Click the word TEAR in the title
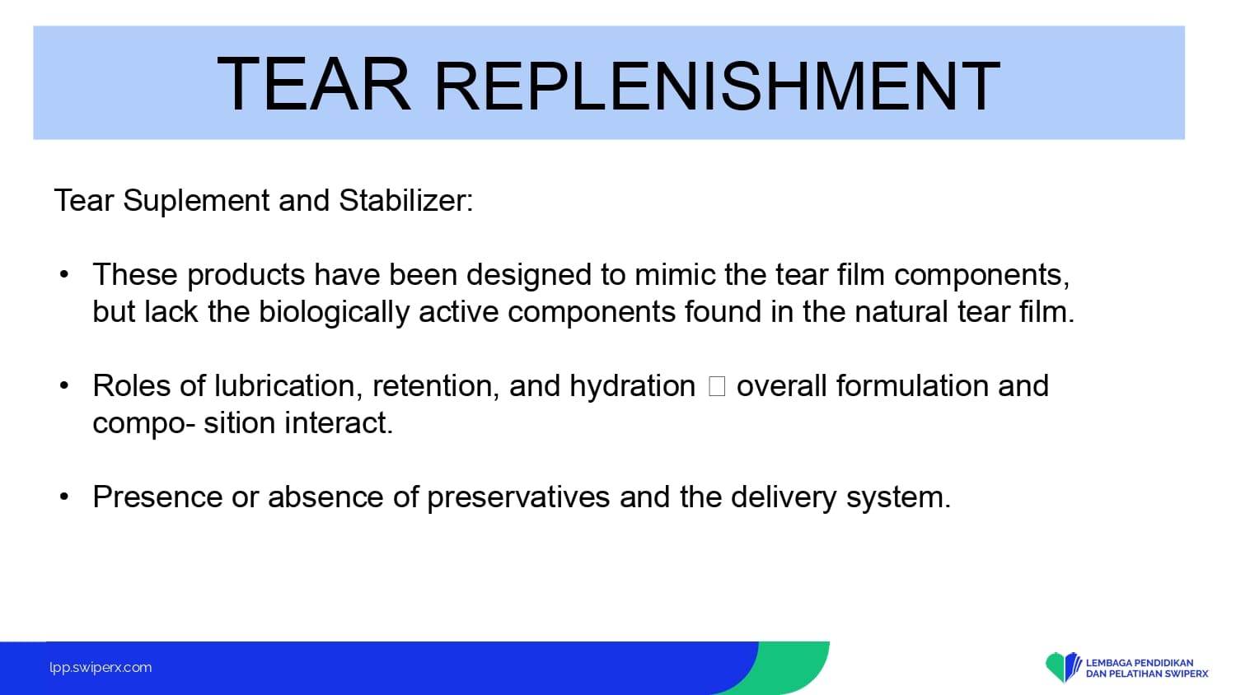314,84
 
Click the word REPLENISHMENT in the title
718,86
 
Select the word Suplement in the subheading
196,200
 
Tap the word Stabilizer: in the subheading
406,199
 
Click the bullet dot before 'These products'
64,274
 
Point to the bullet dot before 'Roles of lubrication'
64,385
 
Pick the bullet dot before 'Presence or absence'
64,497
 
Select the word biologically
334,312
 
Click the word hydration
632,385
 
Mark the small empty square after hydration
716,386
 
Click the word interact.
339,423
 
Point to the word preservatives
518,497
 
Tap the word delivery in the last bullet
784,497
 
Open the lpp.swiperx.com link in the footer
101,668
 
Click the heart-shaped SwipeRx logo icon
1063,667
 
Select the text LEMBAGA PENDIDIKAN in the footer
1140,662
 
